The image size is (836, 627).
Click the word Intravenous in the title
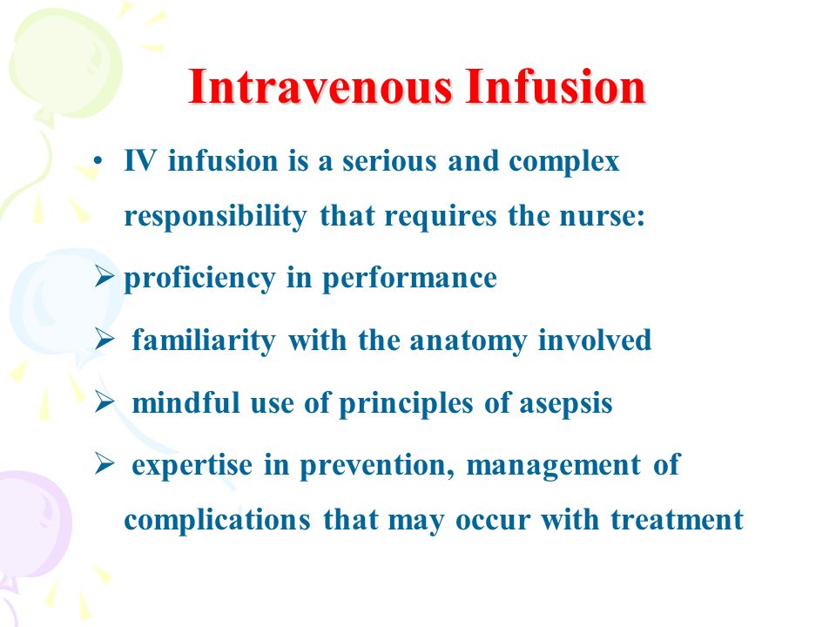pyautogui.click(x=320, y=87)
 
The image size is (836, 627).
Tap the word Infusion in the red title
pyautogui.click(x=555, y=87)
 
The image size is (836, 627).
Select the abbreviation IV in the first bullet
pyautogui.click(x=140, y=161)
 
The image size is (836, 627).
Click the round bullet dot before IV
pyautogui.click(x=97, y=161)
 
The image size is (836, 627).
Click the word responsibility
pyautogui.click(x=215, y=218)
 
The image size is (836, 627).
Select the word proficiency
pyautogui.click(x=200, y=280)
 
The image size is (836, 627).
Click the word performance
pyautogui.click(x=410, y=280)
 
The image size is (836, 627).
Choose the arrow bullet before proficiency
pyautogui.click(x=104, y=277)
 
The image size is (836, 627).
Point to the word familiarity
pyautogui.click(x=204, y=341)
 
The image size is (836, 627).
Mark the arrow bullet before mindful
pyautogui.click(x=104, y=402)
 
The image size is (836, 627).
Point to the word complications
pyautogui.click(x=217, y=521)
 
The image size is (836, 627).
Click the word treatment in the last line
pyautogui.click(x=678, y=520)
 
